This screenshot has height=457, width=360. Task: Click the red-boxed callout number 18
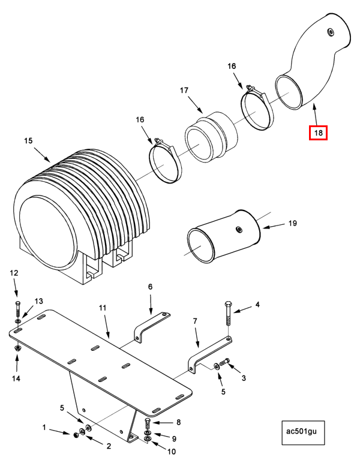(318, 133)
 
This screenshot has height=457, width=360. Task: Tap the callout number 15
(28, 141)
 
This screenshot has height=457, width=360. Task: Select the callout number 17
(184, 91)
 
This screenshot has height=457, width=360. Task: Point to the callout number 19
(292, 223)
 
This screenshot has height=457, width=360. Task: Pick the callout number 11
(102, 308)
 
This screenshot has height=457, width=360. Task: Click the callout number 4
(257, 305)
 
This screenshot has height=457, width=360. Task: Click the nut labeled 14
(17, 347)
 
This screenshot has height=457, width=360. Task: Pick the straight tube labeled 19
(225, 237)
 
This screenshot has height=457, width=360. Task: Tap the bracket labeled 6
(151, 327)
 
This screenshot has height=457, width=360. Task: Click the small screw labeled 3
(225, 362)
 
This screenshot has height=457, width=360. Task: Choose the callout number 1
(44, 427)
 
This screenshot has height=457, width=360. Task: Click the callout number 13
(39, 300)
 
